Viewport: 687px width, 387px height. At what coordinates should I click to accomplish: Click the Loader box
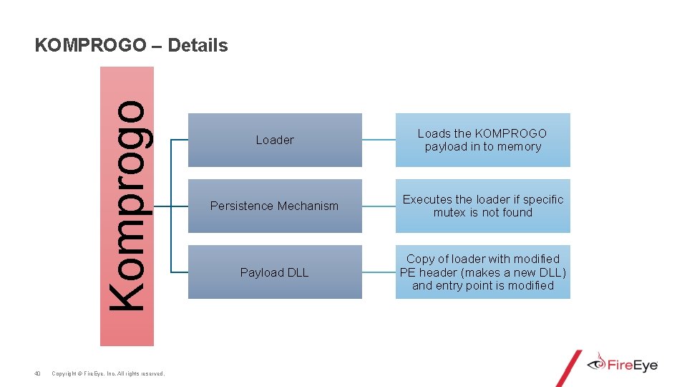click(x=275, y=140)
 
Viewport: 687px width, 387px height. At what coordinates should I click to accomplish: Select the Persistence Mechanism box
click(x=275, y=206)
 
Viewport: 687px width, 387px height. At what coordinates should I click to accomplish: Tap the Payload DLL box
click(x=275, y=272)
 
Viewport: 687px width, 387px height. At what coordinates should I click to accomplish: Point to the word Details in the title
click(x=200, y=46)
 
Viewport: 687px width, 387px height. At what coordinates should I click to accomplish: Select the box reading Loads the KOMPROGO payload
click(x=483, y=140)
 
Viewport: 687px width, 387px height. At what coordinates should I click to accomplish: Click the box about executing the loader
click(x=483, y=206)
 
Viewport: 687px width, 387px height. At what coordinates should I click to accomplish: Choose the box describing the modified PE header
click(x=483, y=272)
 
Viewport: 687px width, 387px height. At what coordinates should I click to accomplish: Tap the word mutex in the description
click(x=449, y=213)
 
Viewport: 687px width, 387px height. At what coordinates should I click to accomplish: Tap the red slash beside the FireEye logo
click(x=569, y=368)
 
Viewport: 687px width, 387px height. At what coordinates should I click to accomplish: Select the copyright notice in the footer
click(x=108, y=373)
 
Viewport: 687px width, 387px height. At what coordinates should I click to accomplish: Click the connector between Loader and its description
click(x=379, y=140)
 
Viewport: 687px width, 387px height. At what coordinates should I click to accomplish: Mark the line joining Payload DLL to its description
click(x=379, y=272)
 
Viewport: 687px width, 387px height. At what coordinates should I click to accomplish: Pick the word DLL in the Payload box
click(x=297, y=272)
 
